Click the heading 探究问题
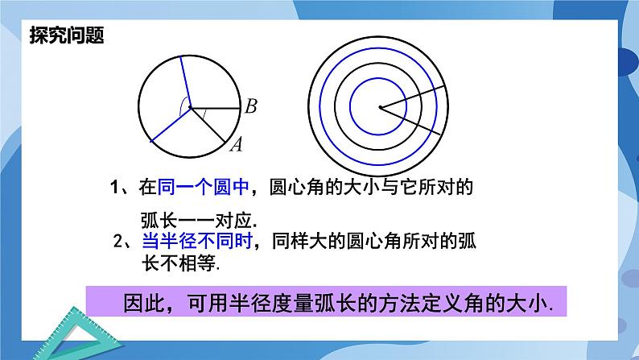click(68, 35)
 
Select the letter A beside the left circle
click(237, 144)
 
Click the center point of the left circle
click(189, 106)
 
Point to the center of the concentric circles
click(380, 107)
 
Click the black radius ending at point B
click(215, 106)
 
